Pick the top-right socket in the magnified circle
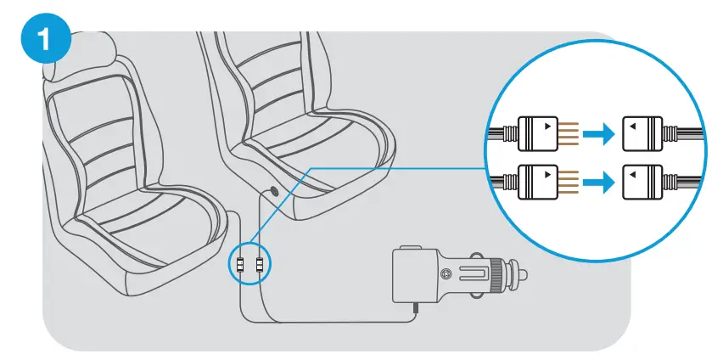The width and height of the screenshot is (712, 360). coord(642,133)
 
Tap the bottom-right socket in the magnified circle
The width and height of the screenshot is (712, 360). coord(642,181)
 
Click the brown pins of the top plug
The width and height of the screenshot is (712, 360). coord(569,133)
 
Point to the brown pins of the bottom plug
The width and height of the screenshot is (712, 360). coord(569,181)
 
